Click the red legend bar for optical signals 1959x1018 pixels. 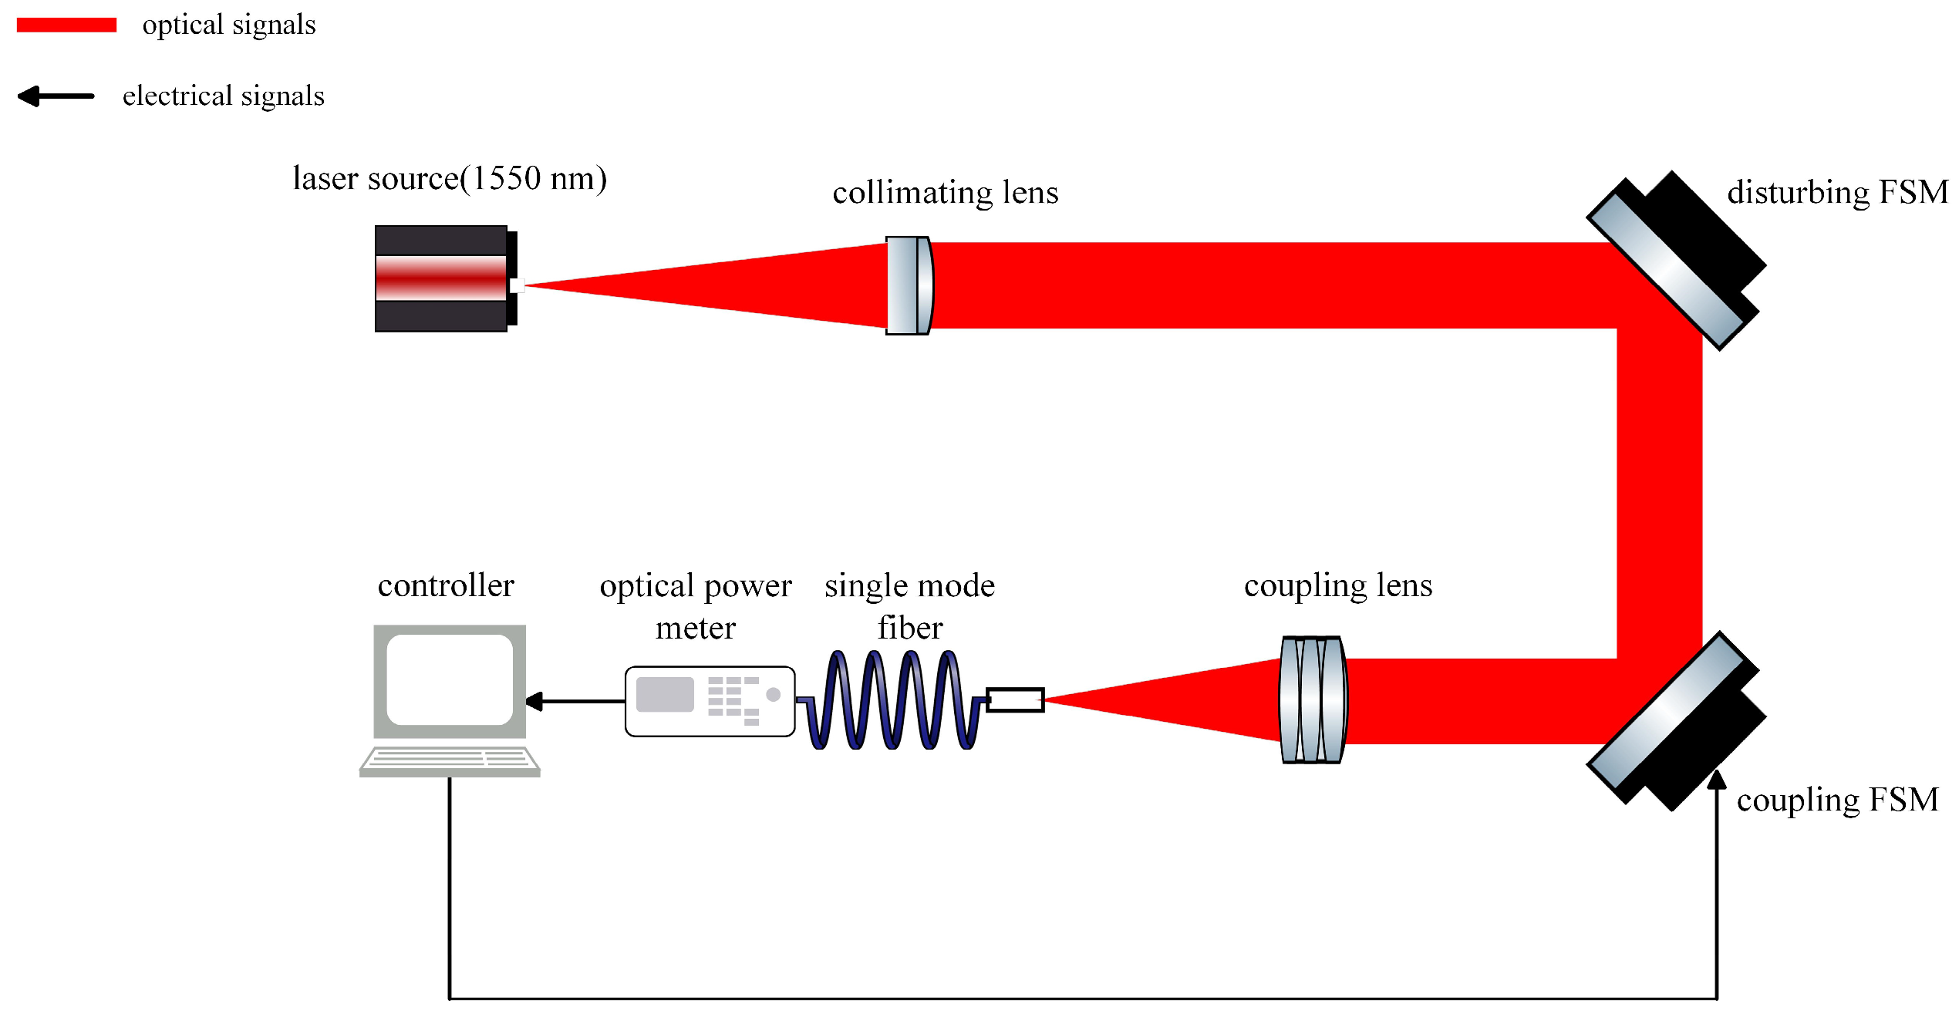point(66,25)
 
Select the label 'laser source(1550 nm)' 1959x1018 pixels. point(450,178)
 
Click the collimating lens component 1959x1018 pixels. point(909,285)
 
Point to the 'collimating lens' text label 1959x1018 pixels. point(945,192)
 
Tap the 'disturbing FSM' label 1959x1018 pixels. point(1837,192)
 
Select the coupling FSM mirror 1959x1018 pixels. point(1674,722)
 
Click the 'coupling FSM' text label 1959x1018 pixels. point(1837,800)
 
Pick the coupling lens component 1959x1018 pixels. point(1313,699)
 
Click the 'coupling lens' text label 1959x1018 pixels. point(1338,585)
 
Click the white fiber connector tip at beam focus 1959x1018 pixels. point(1015,700)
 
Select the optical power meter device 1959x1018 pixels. point(710,701)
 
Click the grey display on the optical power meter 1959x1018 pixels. point(665,694)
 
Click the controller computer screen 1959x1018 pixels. point(450,679)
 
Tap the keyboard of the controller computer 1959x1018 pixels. point(450,760)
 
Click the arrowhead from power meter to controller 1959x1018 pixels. point(534,701)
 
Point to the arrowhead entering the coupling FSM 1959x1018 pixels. point(1717,780)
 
